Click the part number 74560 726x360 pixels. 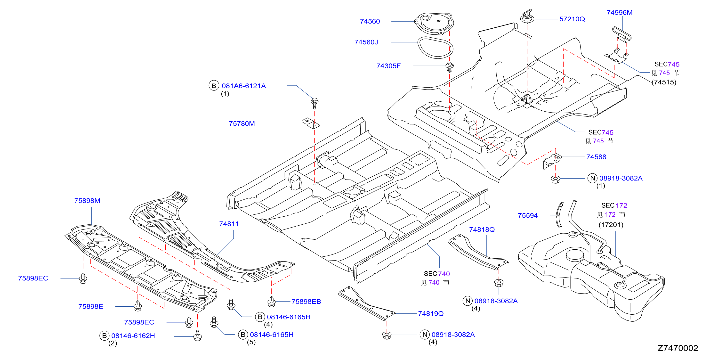tap(370, 21)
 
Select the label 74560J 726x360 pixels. tap(366, 42)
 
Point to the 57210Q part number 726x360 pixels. tap(572, 19)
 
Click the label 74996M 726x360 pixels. tap(620, 13)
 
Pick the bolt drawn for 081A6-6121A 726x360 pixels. tap(315, 103)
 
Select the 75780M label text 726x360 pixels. tap(242, 124)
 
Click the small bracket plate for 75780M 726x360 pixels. tap(311, 123)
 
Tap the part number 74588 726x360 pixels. tap(596, 157)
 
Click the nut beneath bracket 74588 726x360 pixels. tap(556, 179)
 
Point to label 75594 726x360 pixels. tap(528, 216)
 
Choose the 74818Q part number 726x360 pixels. tap(482, 230)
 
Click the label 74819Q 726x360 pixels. tap(431, 314)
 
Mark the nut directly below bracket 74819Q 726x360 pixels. tap(387, 335)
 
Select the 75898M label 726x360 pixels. tap(87, 201)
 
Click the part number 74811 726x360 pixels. tap(229, 224)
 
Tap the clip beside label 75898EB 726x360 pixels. tap(271, 301)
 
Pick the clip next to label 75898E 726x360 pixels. tap(137, 306)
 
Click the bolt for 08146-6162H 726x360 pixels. tap(198, 335)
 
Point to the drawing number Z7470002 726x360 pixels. tap(678, 348)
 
